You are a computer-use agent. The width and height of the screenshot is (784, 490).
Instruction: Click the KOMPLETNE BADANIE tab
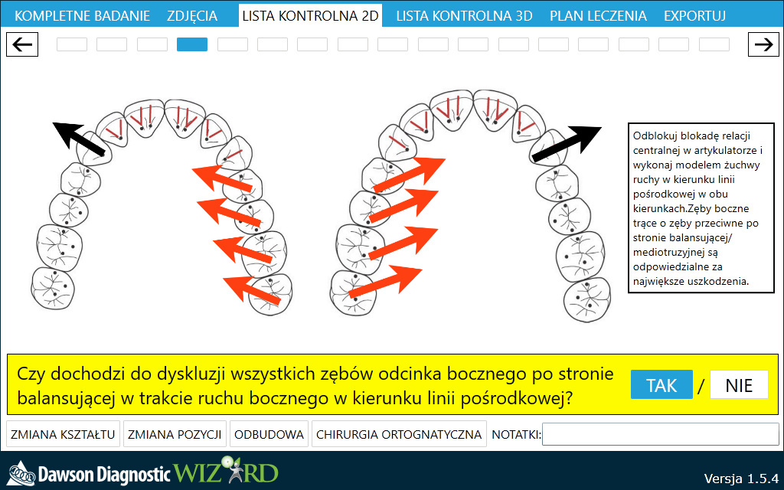point(82,15)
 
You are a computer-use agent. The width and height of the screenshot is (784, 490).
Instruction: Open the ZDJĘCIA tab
point(192,15)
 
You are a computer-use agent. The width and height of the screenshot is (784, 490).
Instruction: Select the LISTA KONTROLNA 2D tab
point(310,15)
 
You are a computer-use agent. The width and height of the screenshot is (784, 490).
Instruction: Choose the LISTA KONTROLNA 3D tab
point(464,15)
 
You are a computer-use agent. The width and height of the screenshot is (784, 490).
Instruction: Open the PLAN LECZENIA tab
point(598,15)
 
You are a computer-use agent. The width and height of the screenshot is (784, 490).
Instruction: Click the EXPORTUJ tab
point(694,15)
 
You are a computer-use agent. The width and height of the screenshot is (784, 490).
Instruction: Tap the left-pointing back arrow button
point(22,44)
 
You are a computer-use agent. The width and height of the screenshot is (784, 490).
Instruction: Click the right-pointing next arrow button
point(763,44)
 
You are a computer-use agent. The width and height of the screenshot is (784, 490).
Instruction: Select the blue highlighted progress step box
point(192,44)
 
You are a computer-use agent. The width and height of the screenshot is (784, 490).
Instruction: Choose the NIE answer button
point(739,385)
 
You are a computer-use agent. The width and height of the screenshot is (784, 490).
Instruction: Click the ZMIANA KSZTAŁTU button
point(63,434)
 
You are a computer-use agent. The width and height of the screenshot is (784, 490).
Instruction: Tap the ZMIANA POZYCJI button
point(175,434)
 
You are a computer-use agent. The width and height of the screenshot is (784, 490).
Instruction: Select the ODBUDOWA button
point(269,434)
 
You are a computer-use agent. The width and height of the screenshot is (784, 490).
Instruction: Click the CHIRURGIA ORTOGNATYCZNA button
point(398,434)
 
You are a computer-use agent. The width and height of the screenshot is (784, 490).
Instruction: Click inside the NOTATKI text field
point(660,434)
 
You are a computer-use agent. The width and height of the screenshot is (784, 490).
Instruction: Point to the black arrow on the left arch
point(79,139)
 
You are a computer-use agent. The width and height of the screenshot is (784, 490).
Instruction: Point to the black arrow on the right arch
point(567,144)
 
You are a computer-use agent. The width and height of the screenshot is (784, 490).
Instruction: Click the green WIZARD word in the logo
point(226,471)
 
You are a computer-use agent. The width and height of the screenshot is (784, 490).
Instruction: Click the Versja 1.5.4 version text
point(741,478)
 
